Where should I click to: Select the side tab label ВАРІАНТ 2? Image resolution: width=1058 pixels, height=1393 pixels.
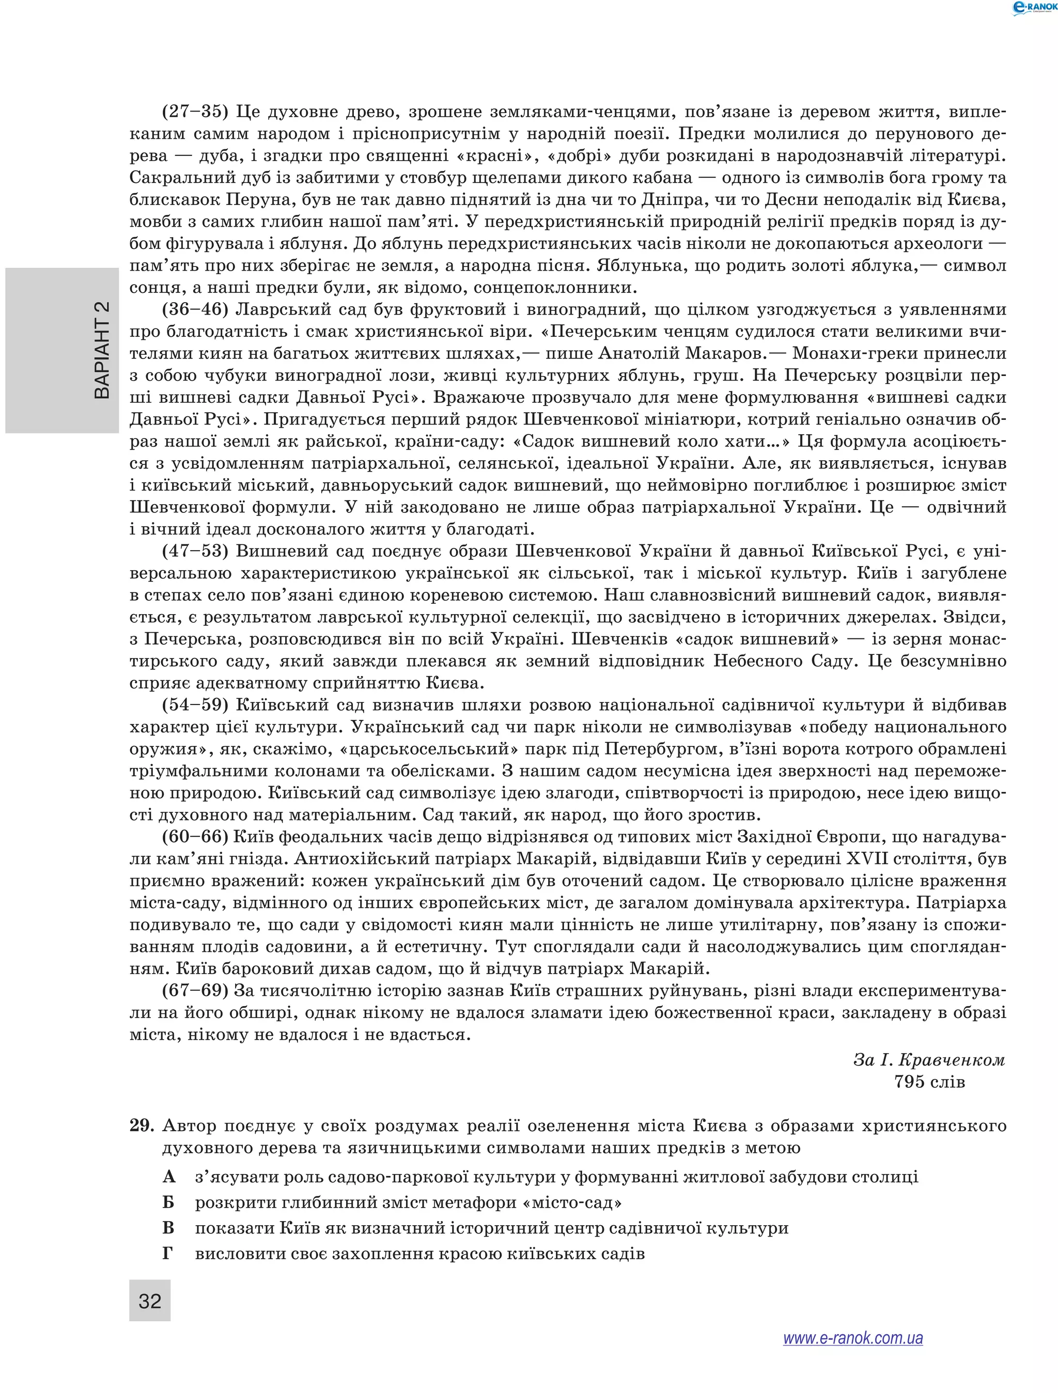(102, 350)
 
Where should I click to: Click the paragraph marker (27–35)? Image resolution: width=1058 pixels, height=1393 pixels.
(195, 112)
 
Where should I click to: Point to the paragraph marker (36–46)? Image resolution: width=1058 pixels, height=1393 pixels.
(195, 309)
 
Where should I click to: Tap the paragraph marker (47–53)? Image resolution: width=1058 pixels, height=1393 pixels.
(195, 551)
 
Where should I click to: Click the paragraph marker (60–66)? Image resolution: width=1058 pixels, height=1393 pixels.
(195, 836)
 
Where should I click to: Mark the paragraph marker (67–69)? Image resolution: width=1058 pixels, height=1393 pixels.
(195, 990)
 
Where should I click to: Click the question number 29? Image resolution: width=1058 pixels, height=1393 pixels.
(142, 1125)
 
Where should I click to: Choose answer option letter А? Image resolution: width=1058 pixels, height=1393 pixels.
(168, 1177)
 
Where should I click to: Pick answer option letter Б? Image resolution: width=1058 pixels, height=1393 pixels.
(168, 1202)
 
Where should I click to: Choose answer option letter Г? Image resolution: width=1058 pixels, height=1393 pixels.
(167, 1253)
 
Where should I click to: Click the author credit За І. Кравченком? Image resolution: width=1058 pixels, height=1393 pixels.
(929, 1060)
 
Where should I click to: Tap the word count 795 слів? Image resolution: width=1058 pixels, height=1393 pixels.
(929, 1082)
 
